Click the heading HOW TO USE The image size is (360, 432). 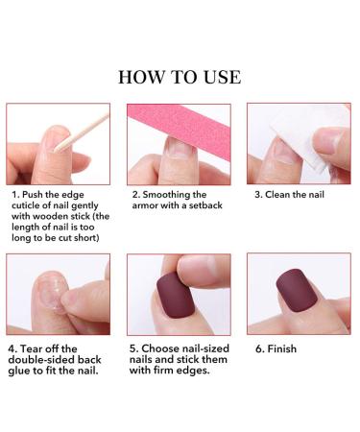(180, 76)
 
